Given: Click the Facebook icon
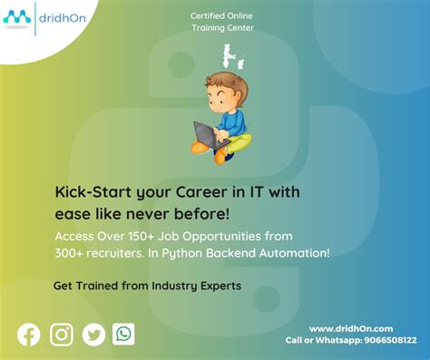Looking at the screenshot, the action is pyautogui.click(x=29, y=335).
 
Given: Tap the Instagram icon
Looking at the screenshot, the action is pyautogui.click(x=62, y=335).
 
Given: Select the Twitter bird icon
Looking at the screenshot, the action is pyautogui.click(x=93, y=335).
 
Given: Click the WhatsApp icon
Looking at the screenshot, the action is pyautogui.click(x=123, y=334).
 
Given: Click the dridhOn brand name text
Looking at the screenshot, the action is pyautogui.click(x=63, y=18).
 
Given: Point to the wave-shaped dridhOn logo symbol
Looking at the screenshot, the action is pyautogui.click(x=17, y=17).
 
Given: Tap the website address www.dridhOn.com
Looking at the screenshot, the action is pyautogui.click(x=351, y=328).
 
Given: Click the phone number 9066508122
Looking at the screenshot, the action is pyautogui.click(x=390, y=340).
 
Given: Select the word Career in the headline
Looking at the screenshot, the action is pyautogui.click(x=201, y=192).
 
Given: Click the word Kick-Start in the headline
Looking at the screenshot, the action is pyautogui.click(x=93, y=192).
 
